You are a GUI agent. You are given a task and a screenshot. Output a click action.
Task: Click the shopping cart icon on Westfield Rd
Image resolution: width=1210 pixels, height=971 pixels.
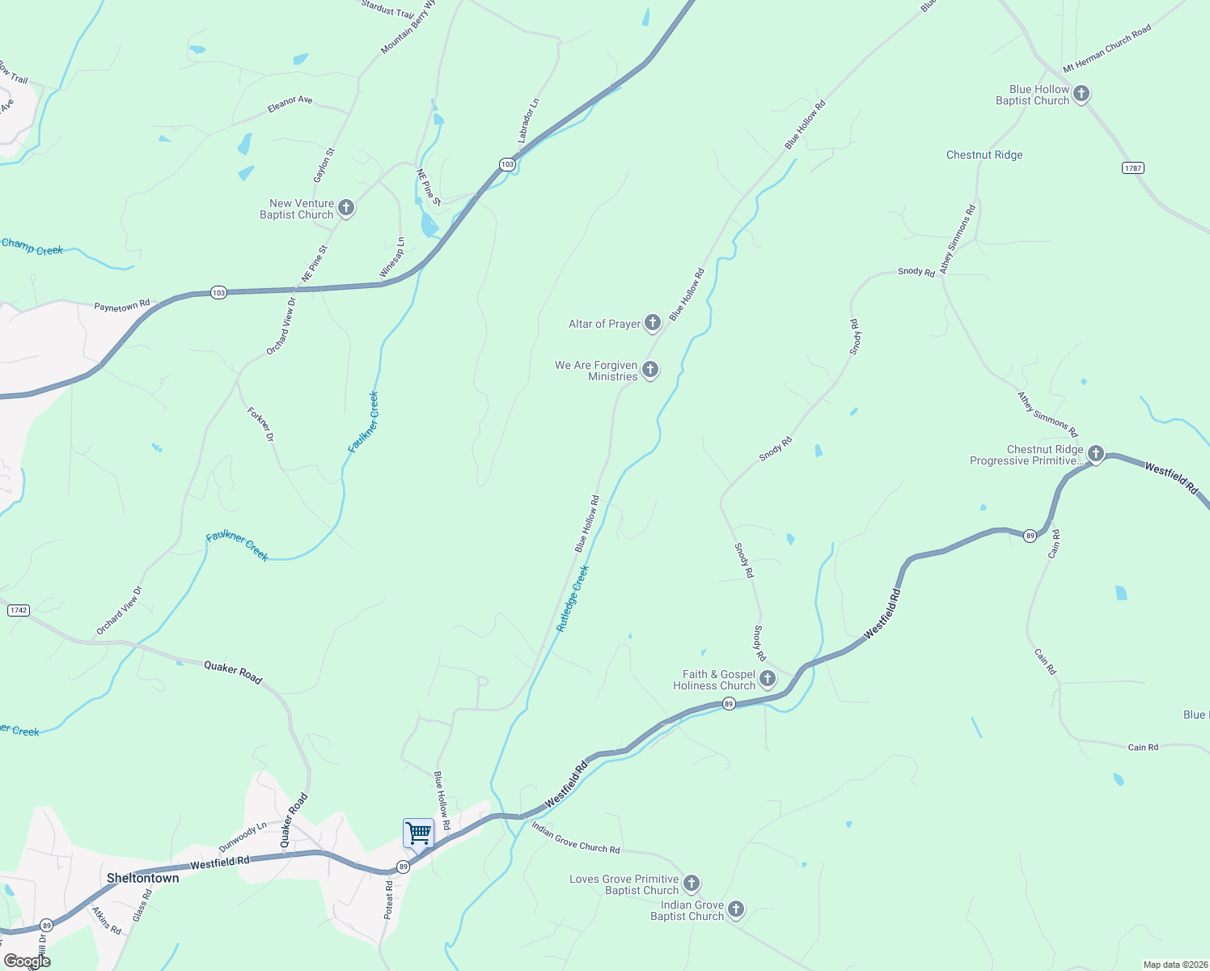pyautogui.click(x=418, y=832)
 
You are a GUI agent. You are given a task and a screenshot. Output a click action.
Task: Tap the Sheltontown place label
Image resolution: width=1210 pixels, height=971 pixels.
pyautogui.click(x=143, y=878)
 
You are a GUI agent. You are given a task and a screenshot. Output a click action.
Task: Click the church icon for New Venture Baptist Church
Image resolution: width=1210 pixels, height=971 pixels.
pyautogui.click(x=346, y=208)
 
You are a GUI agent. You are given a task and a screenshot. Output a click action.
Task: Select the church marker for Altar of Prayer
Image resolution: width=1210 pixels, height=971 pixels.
pyautogui.click(x=653, y=324)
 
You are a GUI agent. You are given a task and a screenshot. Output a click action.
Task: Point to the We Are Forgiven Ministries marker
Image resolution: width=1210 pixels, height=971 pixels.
pyautogui.click(x=649, y=370)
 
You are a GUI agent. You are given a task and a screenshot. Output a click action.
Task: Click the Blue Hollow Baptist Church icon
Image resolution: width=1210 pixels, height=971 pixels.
pyautogui.click(x=1081, y=94)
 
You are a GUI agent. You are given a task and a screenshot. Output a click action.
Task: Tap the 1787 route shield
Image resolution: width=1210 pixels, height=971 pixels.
pyautogui.click(x=1132, y=168)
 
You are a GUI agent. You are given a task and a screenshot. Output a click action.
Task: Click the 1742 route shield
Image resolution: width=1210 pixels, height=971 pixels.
pyautogui.click(x=19, y=610)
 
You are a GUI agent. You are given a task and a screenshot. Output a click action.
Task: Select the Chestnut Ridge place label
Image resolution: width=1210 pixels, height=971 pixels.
pyautogui.click(x=984, y=155)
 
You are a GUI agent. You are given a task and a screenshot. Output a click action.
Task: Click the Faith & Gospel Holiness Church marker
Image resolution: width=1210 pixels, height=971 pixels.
pyautogui.click(x=768, y=679)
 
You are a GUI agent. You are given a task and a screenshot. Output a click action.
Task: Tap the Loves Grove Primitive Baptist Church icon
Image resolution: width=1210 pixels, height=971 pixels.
pyautogui.click(x=692, y=883)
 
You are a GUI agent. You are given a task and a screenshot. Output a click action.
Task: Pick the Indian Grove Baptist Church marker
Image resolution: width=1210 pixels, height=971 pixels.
pyautogui.click(x=736, y=910)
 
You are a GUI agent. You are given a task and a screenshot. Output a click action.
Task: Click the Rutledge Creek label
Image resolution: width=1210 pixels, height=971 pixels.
pyautogui.click(x=573, y=599)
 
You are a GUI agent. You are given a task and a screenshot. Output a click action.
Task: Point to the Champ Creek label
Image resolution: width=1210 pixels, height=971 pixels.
pyautogui.click(x=32, y=247)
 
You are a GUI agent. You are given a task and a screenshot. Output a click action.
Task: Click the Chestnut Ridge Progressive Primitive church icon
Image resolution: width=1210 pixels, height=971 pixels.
pyautogui.click(x=1096, y=454)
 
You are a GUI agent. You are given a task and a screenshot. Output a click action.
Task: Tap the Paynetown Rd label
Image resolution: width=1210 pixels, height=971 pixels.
pyautogui.click(x=122, y=306)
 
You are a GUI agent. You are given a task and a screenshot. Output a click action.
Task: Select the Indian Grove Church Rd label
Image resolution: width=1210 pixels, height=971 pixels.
pyautogui.click(x=575, y=837)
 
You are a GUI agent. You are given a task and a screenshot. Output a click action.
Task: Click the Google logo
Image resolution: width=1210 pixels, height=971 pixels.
pyautogui.click(x=27, y=961)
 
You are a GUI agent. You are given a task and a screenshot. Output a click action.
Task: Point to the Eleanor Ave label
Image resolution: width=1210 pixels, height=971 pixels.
pyautogui.click(x=290, y=103)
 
